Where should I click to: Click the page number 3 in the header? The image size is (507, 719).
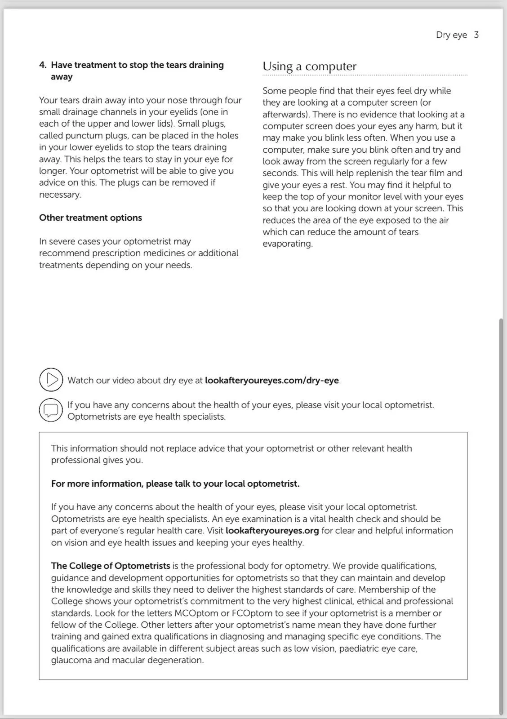click(x=476, y=35)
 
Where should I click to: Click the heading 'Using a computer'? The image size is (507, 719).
click(x=309, y=67)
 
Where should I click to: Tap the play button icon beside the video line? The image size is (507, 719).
click(x=51, y=380)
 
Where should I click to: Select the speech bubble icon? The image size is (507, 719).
click(x=51, y=410)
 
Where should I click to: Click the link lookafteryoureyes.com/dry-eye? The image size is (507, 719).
click(x=272, y=381)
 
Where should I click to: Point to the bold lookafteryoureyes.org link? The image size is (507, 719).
click(x=272, y=531)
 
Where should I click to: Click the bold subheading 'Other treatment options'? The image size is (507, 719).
click(x=90, y=218)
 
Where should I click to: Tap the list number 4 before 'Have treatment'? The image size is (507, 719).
click(x=42, y=65)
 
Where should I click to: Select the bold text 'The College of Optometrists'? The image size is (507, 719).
click(x=111, y=566)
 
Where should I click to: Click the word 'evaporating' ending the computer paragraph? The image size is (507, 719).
click(x=287, y=244)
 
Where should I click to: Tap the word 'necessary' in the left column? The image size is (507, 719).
click(x=59, y=195)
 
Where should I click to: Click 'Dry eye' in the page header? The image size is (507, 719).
click(x=451, y=35)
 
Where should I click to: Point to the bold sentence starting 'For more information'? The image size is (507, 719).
click(x=175, y=484)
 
